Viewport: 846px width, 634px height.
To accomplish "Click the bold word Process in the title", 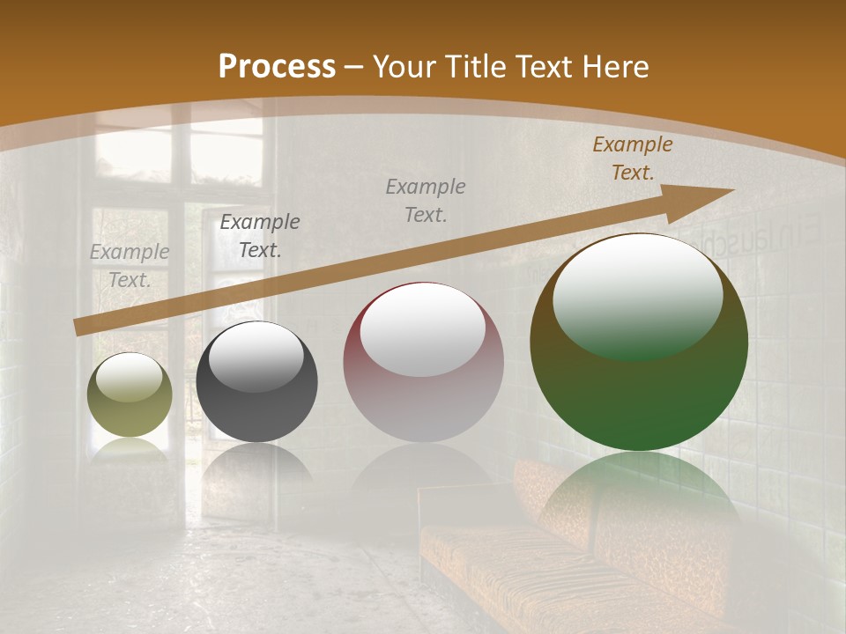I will pyautogui.click(x=277, y=66).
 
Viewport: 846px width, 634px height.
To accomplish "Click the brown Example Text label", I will pyautogui.click(x=632, y=158).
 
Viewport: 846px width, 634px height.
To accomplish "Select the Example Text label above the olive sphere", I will pyautogui.click(x=130, y=266).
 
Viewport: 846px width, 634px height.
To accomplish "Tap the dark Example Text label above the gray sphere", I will pyautogui.click(x=260, y=236).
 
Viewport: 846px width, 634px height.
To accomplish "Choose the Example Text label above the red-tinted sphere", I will pyautogui.click(x=426, y=200).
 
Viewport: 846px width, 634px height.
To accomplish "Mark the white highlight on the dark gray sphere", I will pyautogui.click(x=256, y=357).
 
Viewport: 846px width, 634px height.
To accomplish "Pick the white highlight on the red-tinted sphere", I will pyautogui.click(x=423, y=330).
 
